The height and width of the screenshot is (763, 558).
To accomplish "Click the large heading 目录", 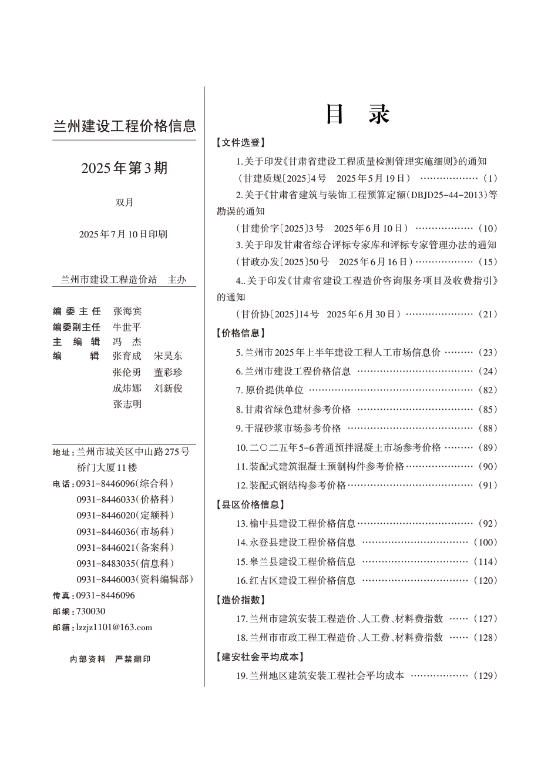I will [x=358, y=115].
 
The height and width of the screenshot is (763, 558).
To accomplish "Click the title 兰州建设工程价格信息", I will [x=125, y=126].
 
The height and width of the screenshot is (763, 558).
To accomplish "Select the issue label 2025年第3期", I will [x=125, y=168].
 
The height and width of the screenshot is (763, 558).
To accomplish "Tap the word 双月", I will [x=125, y=202].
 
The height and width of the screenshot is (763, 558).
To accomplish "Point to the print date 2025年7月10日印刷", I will [x=123, y=234].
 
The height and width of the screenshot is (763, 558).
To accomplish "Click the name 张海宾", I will [x=127, y=311].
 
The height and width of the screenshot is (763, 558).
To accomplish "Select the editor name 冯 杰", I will [x=127, y=342].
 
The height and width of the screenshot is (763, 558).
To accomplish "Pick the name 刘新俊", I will [x=169, y=388].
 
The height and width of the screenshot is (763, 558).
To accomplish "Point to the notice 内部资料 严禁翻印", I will [x=110, y=659].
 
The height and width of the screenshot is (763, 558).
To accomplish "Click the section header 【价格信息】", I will [x=241, y=333].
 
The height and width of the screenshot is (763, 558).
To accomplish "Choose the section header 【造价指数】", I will [x=241, y=600].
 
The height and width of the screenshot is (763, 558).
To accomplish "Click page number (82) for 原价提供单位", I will [x=488, y=390].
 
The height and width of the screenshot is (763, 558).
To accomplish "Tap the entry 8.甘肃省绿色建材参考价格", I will [x=294, y=409].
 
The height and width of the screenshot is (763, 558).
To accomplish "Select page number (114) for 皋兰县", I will [x=486, y=561].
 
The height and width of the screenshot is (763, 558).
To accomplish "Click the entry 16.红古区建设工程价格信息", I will [x=296, y=580].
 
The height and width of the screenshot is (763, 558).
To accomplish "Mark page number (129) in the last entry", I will [x=486, y=675].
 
